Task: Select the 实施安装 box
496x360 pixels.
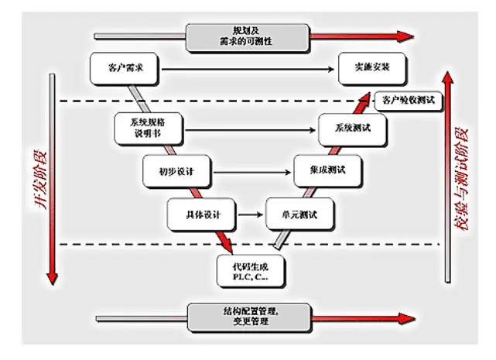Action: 366,68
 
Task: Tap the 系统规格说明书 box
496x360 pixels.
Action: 148,129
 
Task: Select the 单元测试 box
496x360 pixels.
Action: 297,214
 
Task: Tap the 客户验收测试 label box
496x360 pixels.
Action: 405,100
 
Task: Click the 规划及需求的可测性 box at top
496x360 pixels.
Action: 248,35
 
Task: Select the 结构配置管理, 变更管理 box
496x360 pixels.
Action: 248,317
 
